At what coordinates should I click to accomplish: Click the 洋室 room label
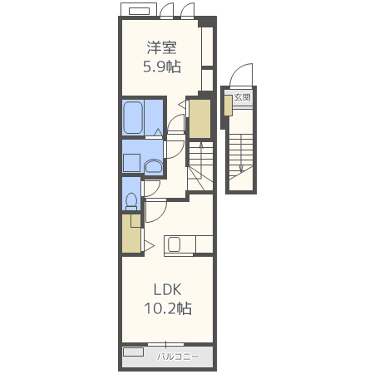pyautogui.click(x=162, y=47)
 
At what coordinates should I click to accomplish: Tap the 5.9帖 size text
pyautogui.click(x=162, y=66)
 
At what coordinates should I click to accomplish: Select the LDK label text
pyautogui.click(x=168, y=290)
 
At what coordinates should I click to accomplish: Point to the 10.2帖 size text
pyautogui.click(x=168, y=308)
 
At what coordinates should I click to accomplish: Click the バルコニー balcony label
pyautogui.click(x=178, y=357)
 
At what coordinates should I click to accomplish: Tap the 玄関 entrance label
pyautogui.click(x=242, y=97)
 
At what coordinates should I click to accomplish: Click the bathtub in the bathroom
pyautogui.click(x=133, y=117)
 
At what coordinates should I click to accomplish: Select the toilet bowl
pyautogui.click(x=131, y=201)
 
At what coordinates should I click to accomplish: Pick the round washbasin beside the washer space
pyautogui.click(x=154, y=166)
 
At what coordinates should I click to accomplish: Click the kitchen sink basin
pyautogui.click(x=174, y=244)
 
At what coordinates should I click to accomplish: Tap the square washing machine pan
pyautogui.click(x=131, y=163)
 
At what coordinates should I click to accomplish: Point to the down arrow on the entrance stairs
pyautogui.click(x=241, y=153)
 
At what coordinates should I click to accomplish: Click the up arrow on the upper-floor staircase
pyautogui.click(x=201, y=157)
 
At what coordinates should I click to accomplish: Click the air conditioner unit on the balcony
pyautogui.click(x=133, y=352)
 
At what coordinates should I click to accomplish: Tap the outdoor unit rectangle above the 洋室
pyautogui.click(x=139, y=11)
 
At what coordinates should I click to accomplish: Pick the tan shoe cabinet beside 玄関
pyautogui.click(x=229, y=106)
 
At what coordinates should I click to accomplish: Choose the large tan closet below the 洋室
pyautogui.click(x=199, y=119)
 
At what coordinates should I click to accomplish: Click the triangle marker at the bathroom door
pyautogui.click(x=158, y=132)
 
